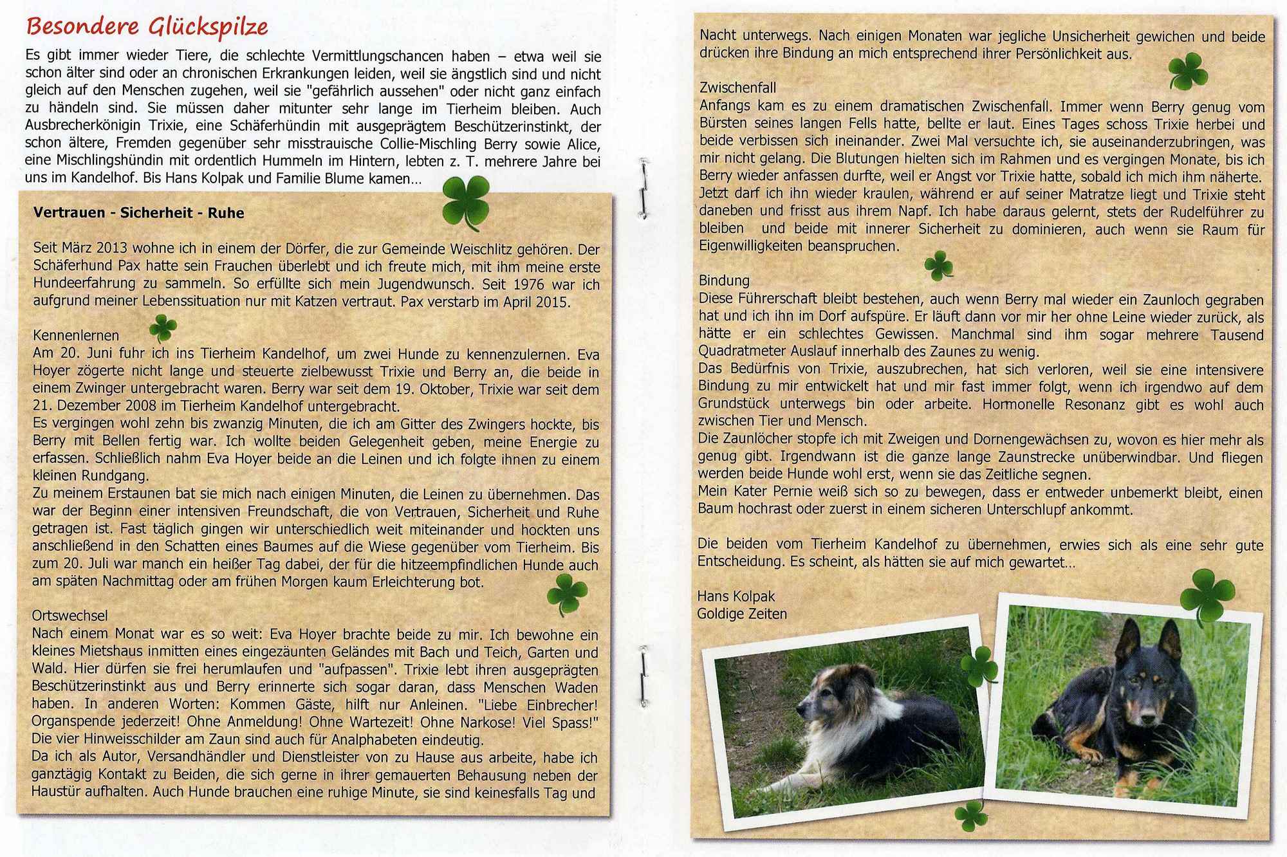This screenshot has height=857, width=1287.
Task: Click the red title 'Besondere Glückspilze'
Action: point(147,26)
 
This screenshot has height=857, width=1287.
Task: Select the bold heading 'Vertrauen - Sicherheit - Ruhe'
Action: point(139,213)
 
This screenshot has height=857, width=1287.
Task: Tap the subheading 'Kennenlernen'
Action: point(76,335)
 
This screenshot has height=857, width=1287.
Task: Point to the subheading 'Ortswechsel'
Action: point(70,616)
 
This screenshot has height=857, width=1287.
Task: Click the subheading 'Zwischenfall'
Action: point(738,88)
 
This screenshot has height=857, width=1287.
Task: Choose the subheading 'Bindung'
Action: point(725,281)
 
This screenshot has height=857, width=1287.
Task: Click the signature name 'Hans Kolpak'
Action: point(736,596)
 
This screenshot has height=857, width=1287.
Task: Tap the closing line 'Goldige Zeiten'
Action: point(742,614)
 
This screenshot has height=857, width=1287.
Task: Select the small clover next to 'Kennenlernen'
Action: point(163,327)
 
